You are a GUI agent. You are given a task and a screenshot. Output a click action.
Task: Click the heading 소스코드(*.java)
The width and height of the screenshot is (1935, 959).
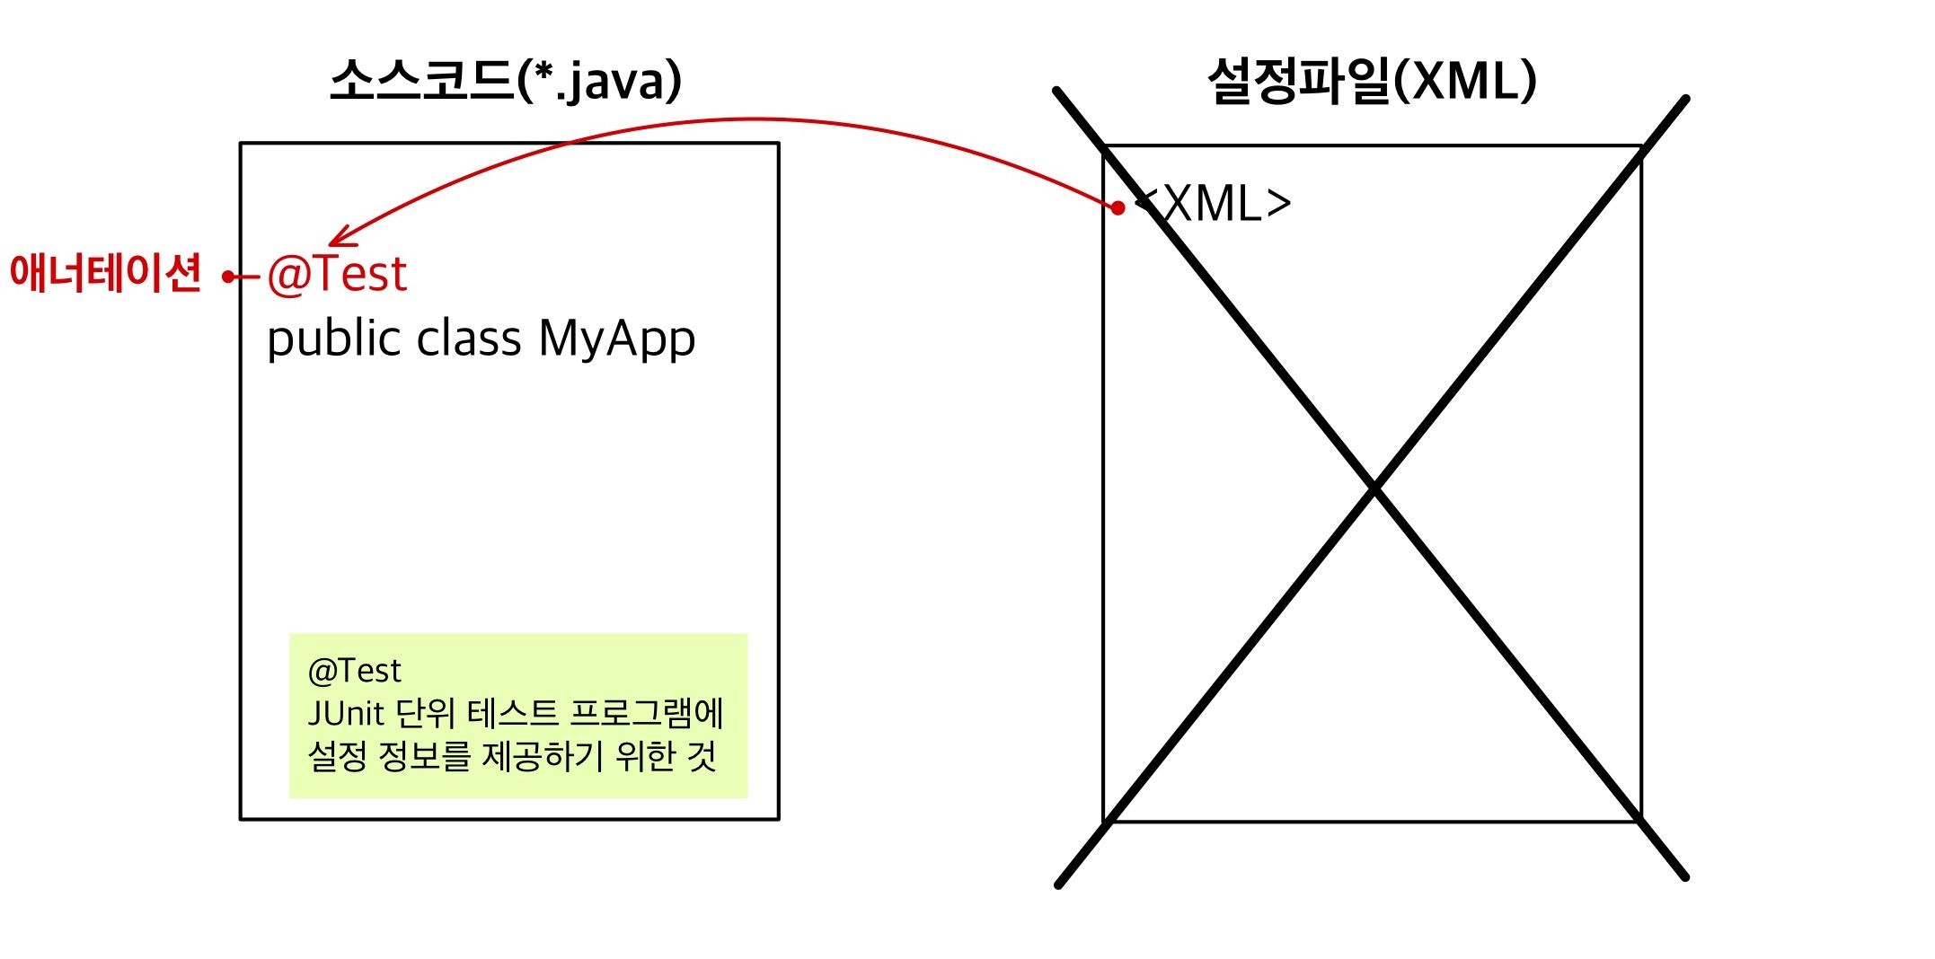pos(506,81)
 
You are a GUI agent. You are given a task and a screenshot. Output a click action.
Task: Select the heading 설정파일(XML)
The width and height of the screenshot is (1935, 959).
pos(1371,81)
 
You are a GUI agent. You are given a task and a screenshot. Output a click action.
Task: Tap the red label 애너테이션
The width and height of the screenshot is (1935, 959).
pos(105,273)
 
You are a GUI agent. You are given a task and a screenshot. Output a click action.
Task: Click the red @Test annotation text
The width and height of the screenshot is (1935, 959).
pos(337,274)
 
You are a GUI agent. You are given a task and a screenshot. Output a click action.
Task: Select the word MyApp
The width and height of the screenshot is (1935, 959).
pos(616,340)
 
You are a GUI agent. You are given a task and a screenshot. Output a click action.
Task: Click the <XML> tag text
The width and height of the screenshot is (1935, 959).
pos(1215,205)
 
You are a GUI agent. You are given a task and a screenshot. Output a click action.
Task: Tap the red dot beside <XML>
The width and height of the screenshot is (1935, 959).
pos(1118,208)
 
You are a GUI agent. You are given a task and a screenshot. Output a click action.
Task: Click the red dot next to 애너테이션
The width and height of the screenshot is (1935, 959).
pos(229,277)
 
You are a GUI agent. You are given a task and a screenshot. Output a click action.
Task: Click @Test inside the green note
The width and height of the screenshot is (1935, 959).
pos(354,671)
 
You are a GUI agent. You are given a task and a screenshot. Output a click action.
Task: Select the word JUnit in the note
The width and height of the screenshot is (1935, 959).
pos(346,714)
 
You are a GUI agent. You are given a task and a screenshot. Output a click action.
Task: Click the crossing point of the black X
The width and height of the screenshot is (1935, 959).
pos(1374,488)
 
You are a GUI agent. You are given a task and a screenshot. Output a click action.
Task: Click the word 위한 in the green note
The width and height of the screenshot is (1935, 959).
pos(645,756)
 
